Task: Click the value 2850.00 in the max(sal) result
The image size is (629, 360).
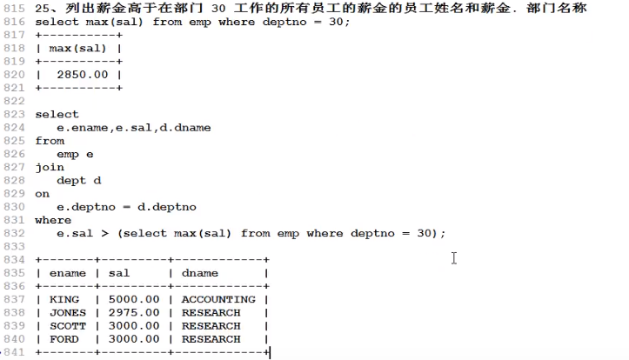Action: pos(82,74)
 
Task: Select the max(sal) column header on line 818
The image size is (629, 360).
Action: pos(77,48)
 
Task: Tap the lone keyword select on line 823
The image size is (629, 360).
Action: pos(57,114)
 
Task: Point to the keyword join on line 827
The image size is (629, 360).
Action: pos(49,167)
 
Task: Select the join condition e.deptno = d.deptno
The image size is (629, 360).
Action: pos(126,207)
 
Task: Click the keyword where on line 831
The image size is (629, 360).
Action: pos(53,220)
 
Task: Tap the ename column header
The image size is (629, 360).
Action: pos(67,273)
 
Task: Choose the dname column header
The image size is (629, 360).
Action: pos(200,273)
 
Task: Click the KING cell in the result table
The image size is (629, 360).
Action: pos(64,299)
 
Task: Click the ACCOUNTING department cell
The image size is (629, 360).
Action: pos(217,299)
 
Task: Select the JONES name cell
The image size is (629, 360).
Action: pos(67,312)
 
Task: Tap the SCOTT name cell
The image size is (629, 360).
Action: pos(67,326)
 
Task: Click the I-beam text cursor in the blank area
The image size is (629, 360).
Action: pos(454,257)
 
